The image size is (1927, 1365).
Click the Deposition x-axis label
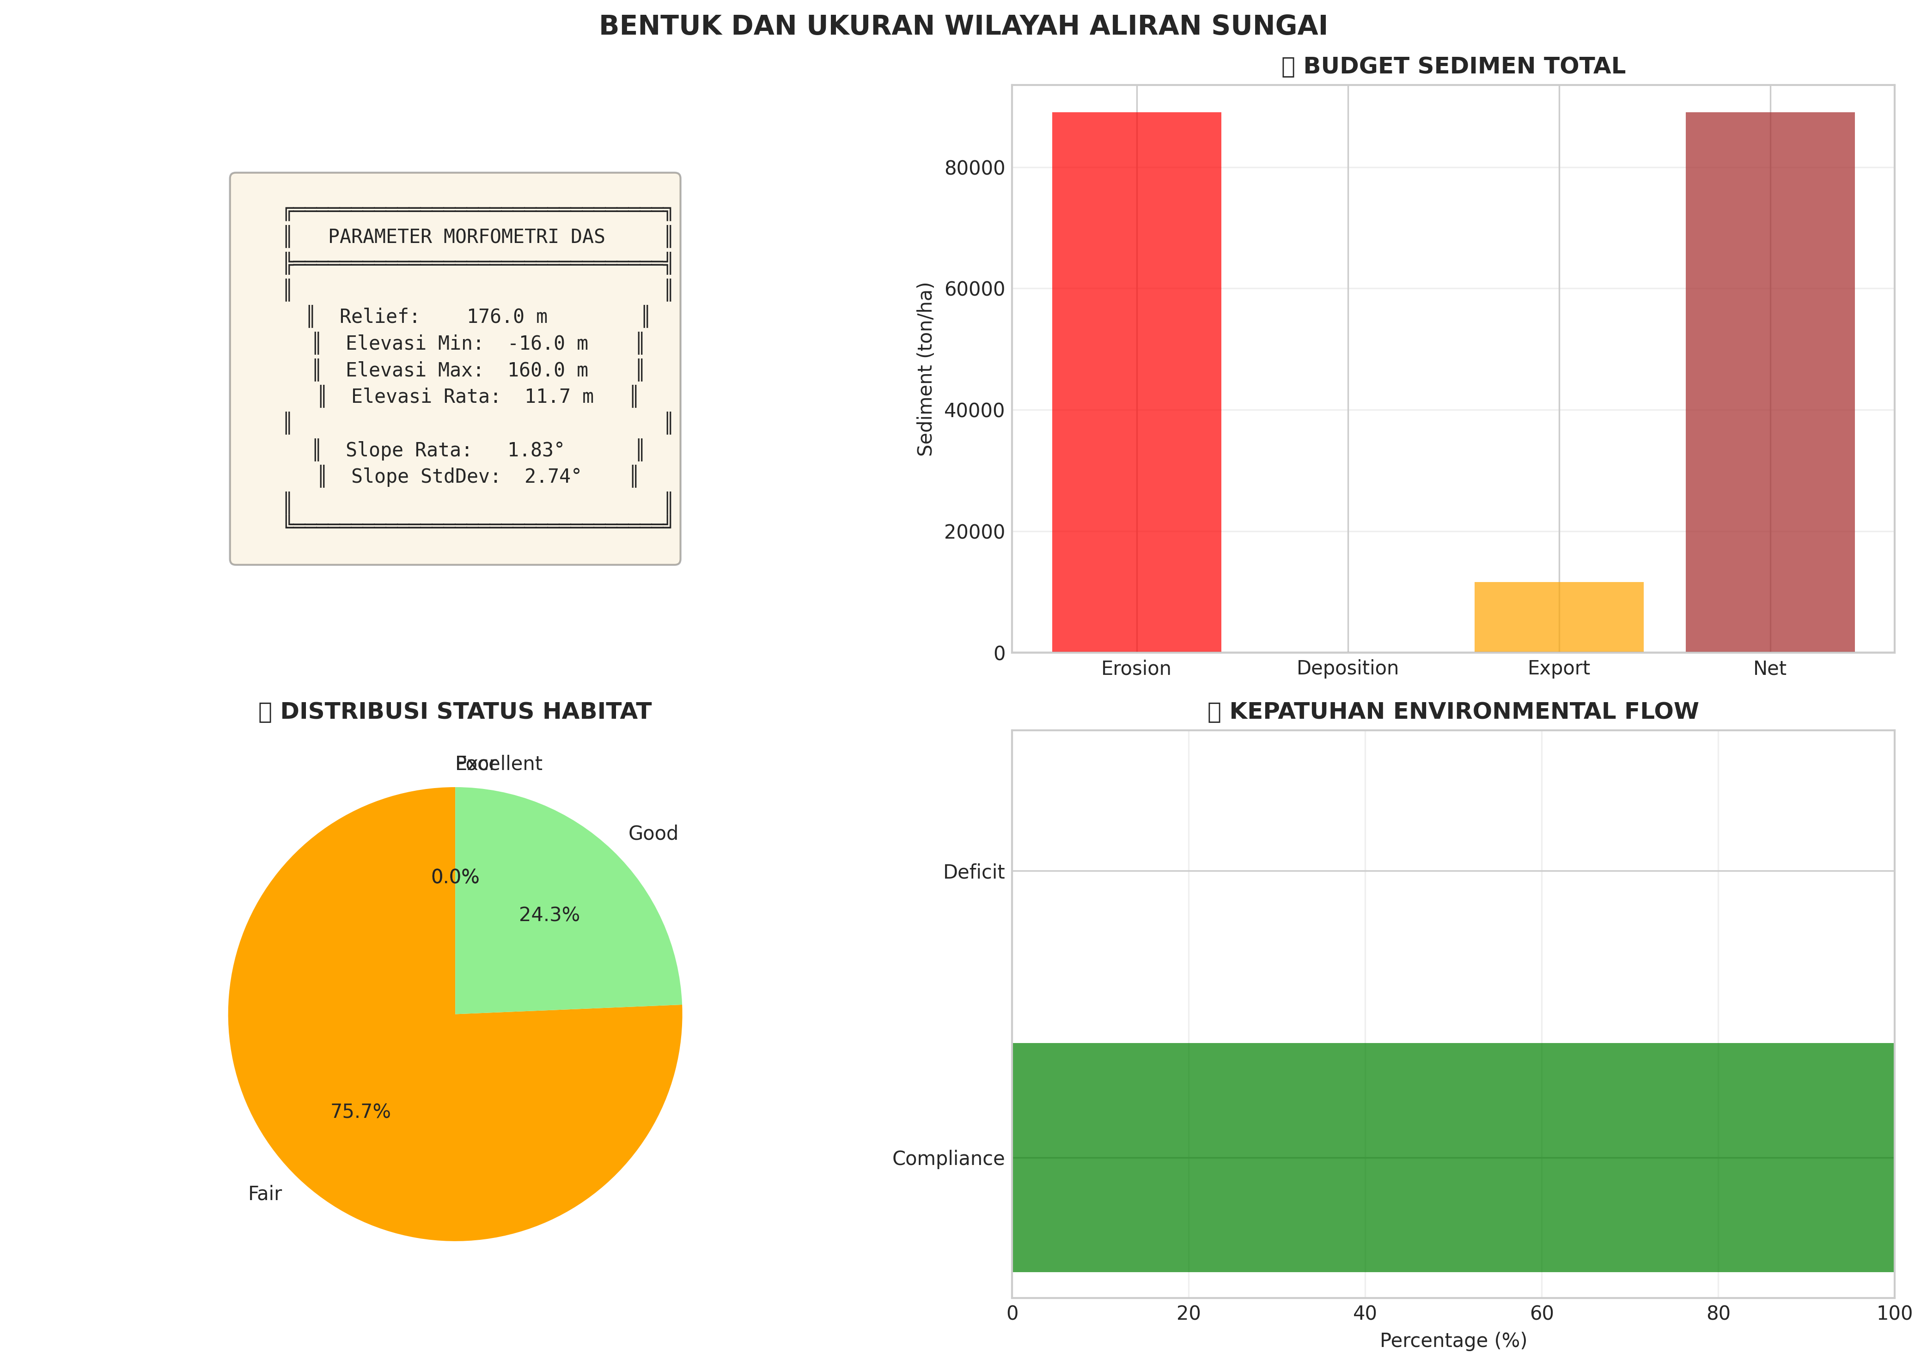1347,668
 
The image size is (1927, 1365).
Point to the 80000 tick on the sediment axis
975,168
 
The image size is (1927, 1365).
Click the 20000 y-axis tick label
975,532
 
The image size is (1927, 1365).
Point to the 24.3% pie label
549,915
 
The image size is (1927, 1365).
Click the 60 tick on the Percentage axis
1541,1313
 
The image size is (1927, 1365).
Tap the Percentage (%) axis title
1453,1340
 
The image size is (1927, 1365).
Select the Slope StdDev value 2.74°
552,477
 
